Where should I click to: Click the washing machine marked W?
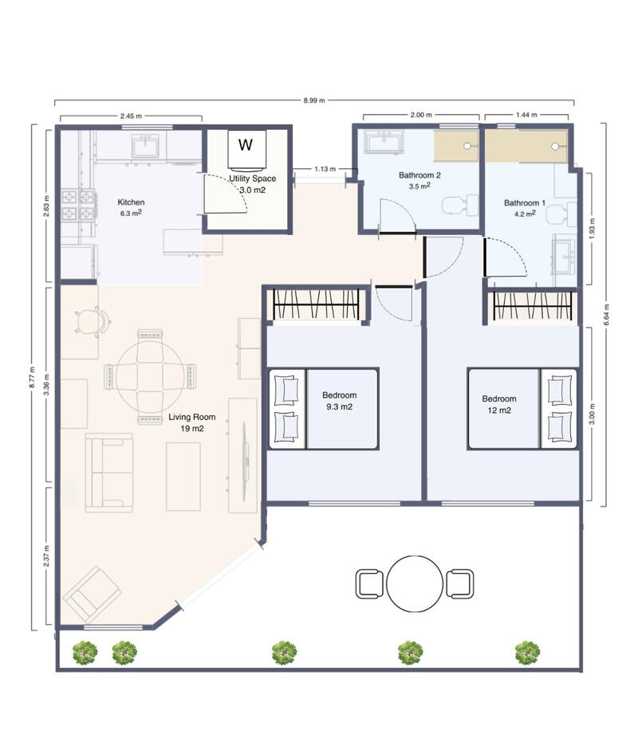[246, 145]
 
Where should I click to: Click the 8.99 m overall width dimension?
[313, 101]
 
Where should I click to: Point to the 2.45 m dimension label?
[130, 116]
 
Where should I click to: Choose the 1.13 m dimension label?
[325, 169]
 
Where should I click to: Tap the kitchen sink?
[146, 147]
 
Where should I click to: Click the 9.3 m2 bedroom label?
[339, 401]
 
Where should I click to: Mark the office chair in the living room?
[92, 321]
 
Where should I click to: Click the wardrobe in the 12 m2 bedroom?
[534, 306]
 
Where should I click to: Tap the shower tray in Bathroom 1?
[526, 146]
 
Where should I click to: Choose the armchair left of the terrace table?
[368, 583]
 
